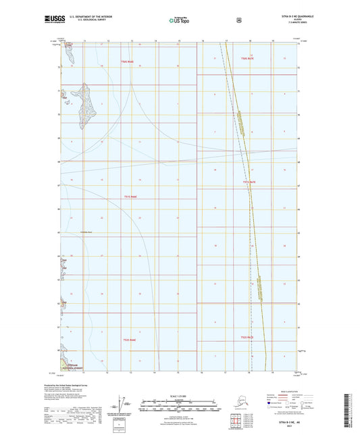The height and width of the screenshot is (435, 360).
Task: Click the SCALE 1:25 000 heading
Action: pyautogui.click(x=179, y=396)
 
